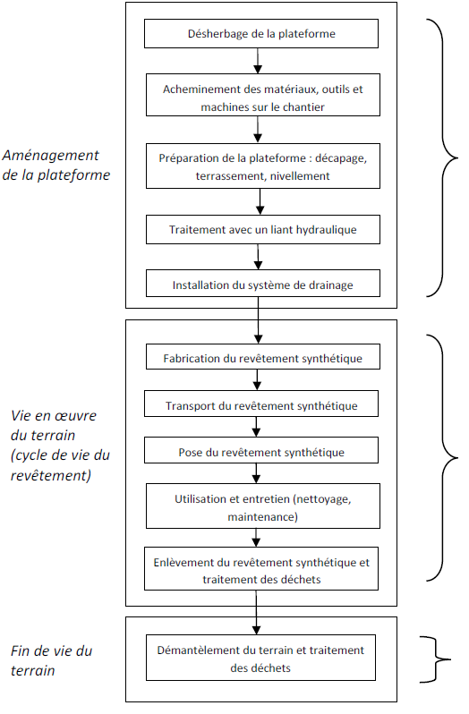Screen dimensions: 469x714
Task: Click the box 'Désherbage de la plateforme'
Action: (x=261, y=34)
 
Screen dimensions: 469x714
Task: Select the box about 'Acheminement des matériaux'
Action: (x=263, y=95)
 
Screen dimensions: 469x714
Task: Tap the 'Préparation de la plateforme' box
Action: (x=263, y=166)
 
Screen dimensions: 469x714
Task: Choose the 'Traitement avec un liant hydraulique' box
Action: (x=263, y=229)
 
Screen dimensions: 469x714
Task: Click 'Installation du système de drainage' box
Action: (x=263, y=284)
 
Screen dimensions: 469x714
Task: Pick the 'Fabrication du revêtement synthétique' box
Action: (x=263, y=356)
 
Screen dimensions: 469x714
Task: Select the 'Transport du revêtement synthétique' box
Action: (x=261, y=404)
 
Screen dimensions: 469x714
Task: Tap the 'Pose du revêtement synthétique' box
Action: (x=261, y=450)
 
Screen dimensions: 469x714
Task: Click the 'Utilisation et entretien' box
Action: (x=263, y=506)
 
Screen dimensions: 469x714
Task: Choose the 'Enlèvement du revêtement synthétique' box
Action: (x=261, y=569)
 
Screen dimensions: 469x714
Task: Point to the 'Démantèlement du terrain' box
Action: (x=261, y=658)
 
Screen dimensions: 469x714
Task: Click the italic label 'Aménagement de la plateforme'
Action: (x=56, y=165)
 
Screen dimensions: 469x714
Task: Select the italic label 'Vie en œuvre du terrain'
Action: (x=60, y=446)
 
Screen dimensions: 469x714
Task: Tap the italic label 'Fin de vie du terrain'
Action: (x=51, y=660)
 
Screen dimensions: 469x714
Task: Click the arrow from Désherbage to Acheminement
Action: (x=258, y=61)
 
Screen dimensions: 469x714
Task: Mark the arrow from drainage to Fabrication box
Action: (x=258, y=320)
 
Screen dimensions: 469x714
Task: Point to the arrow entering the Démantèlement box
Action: (x=256, y=613)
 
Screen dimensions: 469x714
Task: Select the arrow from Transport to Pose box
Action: (x=256, y=427)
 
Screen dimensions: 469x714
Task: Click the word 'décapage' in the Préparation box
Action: (x=341, y=158)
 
